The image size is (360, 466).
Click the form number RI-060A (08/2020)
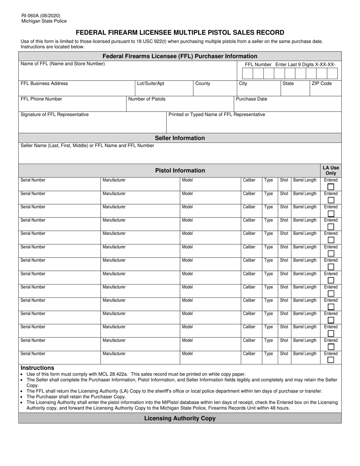pyautogui.click(x=41, y=16)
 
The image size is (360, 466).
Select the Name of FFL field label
pyautogui.click(x=63, y=64)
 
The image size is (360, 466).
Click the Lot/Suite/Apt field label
pyautogui.click(x=150, y=83)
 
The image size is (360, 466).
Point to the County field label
pyautogui.click(x=203, y=83)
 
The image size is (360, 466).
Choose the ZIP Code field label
pyautogui.click(x=321, y=83)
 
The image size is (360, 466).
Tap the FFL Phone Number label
pyautogui.click(x=41, y=99)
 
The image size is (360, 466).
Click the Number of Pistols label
pyautogui.click(x=147, y=99)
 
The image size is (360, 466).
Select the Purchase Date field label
pyautogui.click(x=252, y=99)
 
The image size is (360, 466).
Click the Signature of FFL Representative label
pyautogui.click(x=55, y=114)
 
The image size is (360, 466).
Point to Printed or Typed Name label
pyautogui.click(x=217, y=114)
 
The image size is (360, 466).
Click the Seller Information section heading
pyautogui.click(x=180, y=138)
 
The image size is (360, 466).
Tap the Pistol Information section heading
pyautogui.click(x=180, y=170)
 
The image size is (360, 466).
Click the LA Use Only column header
pyautogui.click(x=331, y=170)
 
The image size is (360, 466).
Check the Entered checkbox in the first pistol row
pyautogui.click(x=331, y=187)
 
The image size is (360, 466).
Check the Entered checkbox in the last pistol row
pyautogui.click(x=331, y=360)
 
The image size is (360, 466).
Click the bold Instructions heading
pyautogui.click(x=38, y=367)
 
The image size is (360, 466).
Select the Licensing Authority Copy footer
pyautogui.click(x=180, y=418)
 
